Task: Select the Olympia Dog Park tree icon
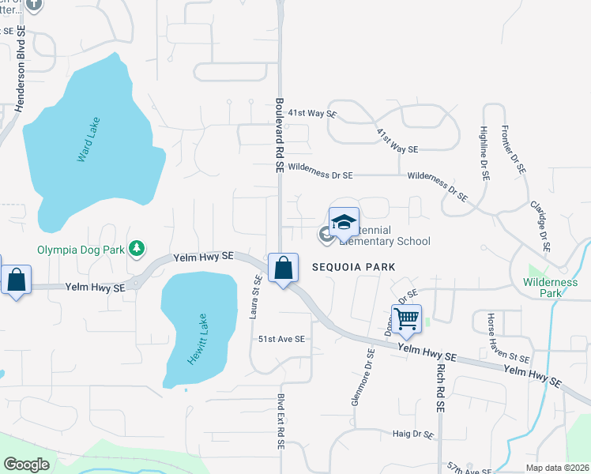(x=137, y=249)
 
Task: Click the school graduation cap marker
(x=344, y=223)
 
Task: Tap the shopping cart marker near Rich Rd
(x=406, y=320)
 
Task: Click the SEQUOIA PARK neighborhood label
(x=352, y=267)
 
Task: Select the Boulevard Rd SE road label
(x=279, y=135)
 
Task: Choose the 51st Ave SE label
(x=281, y=338)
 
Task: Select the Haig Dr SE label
(x=414, y=434)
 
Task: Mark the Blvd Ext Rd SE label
(x=280, y=422)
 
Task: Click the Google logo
(x=26, y=464)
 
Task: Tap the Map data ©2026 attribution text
(x=556, y=468)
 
